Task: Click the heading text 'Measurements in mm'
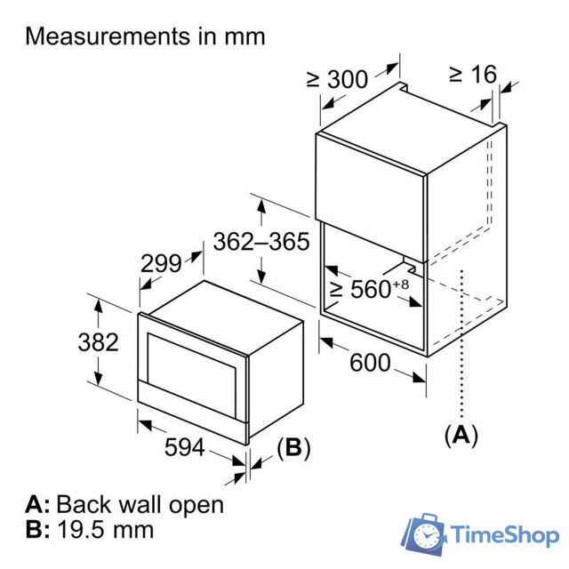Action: click(x=145, y=36)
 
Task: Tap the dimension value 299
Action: click(x=161, y=263)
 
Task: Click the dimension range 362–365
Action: click(x=260, y=241)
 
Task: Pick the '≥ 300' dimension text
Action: click(x=337, y=78)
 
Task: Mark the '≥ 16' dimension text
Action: click(x=472, y=75)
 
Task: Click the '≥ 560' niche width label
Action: click(x=359, y=288)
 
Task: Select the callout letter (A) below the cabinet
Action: click(x=461, y=435)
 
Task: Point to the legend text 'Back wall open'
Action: click(x=140, y=504)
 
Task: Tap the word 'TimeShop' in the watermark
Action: click(x=504, y=536)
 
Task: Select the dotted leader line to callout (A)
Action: click(x=462, y=347)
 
